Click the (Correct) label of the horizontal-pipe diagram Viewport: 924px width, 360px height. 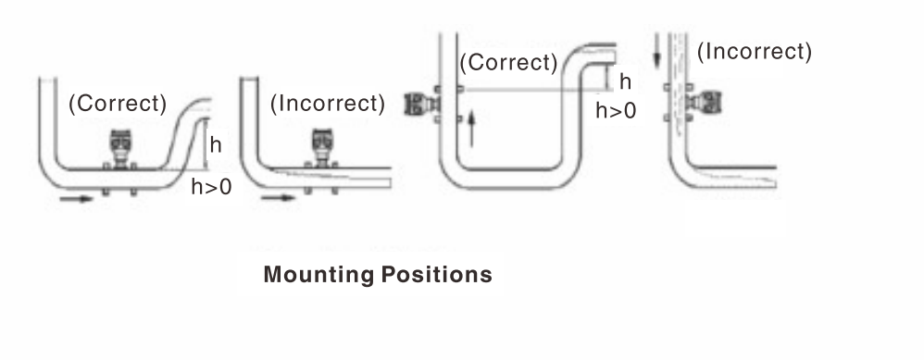tap(117, 104)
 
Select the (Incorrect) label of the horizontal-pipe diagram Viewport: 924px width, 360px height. tap(327, 104)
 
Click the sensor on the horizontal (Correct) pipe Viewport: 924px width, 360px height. tap(120, 148)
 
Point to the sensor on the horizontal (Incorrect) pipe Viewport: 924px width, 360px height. tap(326, 148)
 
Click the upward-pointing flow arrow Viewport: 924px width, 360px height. tap(472, 127)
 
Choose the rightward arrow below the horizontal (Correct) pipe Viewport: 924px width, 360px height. tap(81, 198)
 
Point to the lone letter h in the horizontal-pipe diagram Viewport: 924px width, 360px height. tap(216, 145)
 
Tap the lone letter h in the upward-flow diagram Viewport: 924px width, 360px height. tap(625, 81)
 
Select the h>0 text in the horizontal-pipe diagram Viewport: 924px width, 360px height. tap(213, 186)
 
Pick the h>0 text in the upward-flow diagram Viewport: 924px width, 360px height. tap(616, 110)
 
